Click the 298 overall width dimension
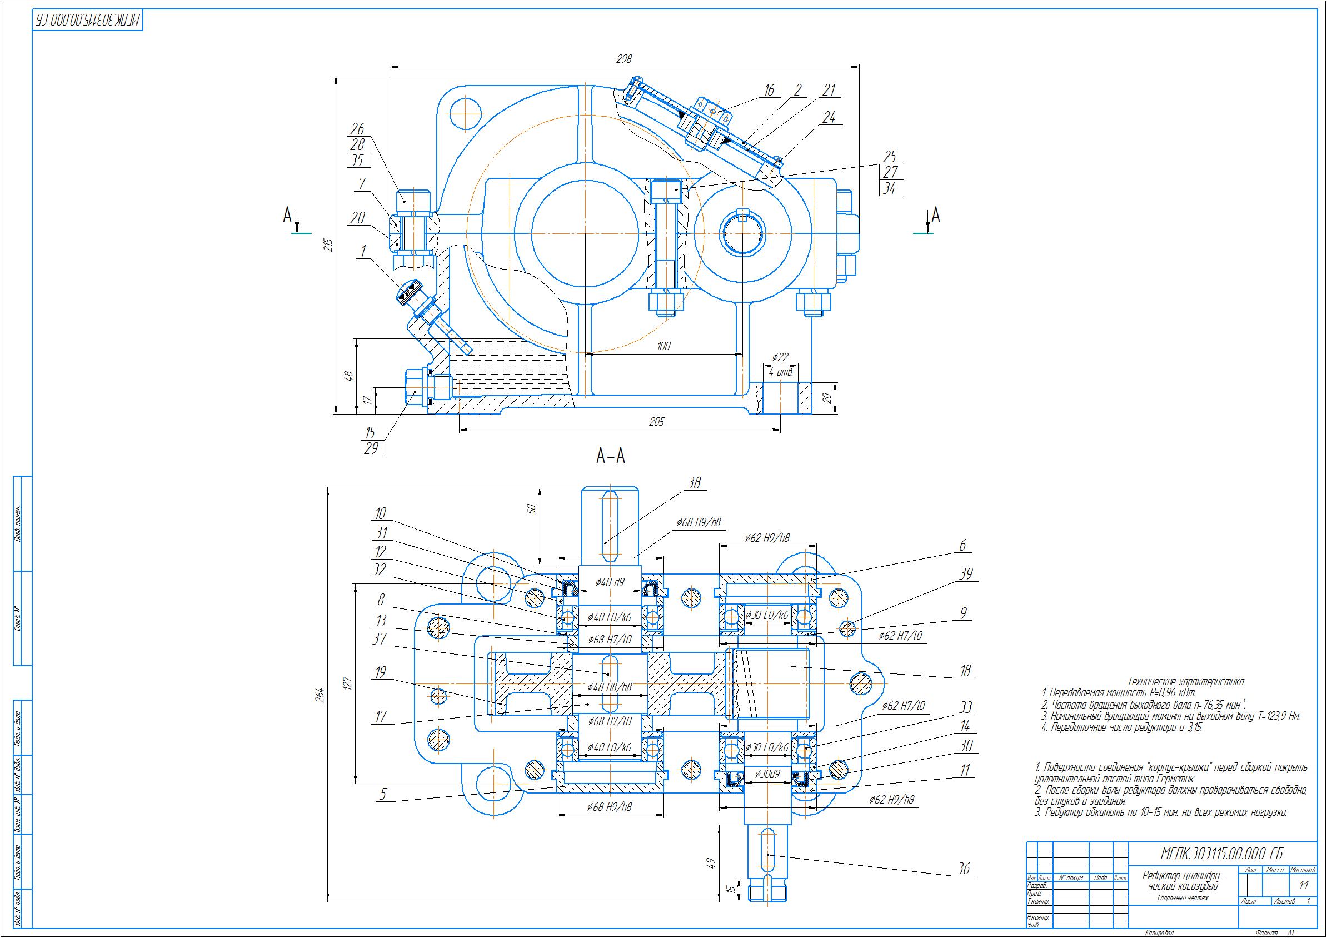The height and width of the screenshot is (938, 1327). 624,59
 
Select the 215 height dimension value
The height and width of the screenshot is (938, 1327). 329,245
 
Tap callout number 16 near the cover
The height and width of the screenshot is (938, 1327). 769,91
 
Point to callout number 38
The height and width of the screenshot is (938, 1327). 695,483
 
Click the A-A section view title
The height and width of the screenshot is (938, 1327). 610,457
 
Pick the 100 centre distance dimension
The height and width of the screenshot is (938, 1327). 663,346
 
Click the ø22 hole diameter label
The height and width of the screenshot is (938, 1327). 780,358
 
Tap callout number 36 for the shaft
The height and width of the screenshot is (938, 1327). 964,869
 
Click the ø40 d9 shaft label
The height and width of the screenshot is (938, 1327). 610,582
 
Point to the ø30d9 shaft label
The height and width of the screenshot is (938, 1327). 767,774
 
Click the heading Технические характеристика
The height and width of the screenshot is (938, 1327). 1185,682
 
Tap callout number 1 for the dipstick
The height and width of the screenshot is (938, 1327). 363,251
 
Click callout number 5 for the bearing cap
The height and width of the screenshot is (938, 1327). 381,795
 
